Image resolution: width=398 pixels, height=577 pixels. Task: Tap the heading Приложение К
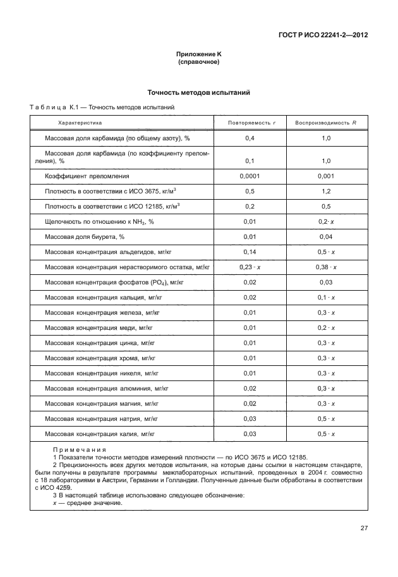click(x=198, y=56)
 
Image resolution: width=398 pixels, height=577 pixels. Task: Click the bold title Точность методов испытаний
click(x=198, y=93)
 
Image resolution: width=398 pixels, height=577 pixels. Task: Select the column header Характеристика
click(x=80, y=122)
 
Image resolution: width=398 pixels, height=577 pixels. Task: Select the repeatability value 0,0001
click(x=250, y=176)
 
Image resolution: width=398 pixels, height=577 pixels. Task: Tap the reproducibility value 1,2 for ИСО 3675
click(x=326, y=191)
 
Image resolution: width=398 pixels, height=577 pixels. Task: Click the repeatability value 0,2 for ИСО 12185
click(x=250, y=207)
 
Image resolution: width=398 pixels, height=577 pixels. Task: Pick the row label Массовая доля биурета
click(x=85, y=237)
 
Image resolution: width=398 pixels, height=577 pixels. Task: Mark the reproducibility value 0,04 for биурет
click(x=326, y=237)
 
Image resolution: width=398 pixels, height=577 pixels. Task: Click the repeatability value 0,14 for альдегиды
click(x=250, y=252)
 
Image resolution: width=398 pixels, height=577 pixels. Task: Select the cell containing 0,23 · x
click(x=250, y=267)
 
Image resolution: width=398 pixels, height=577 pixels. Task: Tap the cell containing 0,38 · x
click(x=326, y=267)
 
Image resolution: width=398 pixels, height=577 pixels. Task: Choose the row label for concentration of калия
click(x=100, y=434)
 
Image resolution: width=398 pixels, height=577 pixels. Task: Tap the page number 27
click(x=364, y=528)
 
